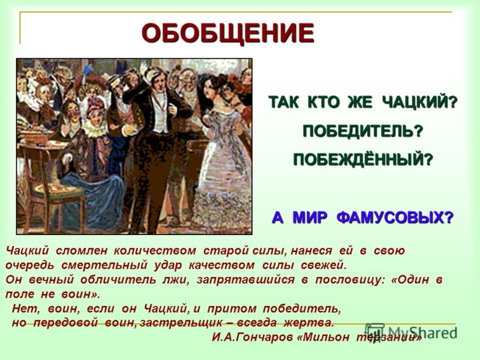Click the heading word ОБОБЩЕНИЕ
[x=228, y=34]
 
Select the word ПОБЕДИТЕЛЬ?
[x=363, y=131]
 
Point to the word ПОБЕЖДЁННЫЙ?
[x=363, y=159]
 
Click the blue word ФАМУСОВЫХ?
[x=395, y=218]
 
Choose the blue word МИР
[x=310, y=218]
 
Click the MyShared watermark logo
[x=411, y=332]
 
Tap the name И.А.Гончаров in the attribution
[x=253, y=337]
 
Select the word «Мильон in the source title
[x=323, y=337]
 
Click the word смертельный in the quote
[x=104, y=265]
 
